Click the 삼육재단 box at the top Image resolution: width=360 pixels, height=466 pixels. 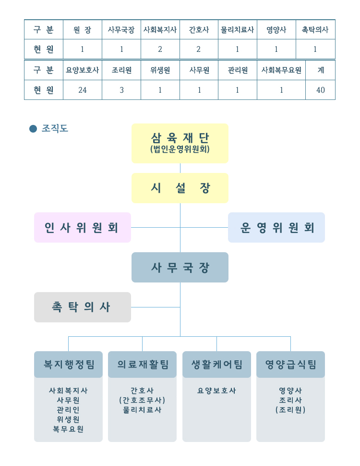point(180,143)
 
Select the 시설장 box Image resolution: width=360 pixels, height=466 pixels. point(180,188)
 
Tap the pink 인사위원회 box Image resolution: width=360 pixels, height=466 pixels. point(83,227)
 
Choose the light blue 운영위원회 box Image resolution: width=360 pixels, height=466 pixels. point(276,227)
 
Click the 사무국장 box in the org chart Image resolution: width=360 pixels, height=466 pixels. point(180,267)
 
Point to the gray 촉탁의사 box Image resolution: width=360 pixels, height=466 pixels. point(83,307)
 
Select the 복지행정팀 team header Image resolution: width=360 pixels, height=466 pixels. point(68,364)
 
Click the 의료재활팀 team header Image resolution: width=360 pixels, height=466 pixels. point(142,364)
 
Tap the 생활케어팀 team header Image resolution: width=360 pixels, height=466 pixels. point(217,364)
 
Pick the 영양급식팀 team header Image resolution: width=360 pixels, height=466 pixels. point(290,364)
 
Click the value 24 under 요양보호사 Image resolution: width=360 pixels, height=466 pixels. point(82,90)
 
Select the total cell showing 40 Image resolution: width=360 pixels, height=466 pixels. point(321,90)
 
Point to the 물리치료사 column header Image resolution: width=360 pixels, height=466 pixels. point(237,30)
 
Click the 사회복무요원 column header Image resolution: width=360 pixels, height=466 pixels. point(281,70)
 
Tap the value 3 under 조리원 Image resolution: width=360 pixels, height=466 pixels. point(121,90)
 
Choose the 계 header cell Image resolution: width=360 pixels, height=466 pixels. point(321,70)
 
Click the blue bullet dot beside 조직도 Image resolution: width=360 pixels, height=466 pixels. point(33,129)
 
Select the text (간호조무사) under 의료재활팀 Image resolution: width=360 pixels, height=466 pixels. point(142,400)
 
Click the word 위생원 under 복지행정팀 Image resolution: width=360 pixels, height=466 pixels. point(68,419)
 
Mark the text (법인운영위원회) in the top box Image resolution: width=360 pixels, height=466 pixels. point(180,149)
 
